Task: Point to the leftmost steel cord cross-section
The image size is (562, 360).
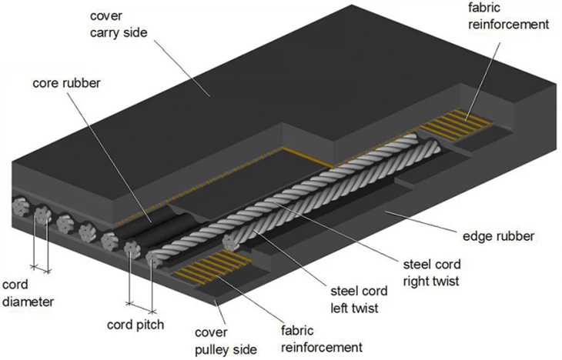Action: pyautogui.click(x=19, y=208)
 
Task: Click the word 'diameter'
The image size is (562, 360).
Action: pyautogui.click(x=27, y=302)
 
